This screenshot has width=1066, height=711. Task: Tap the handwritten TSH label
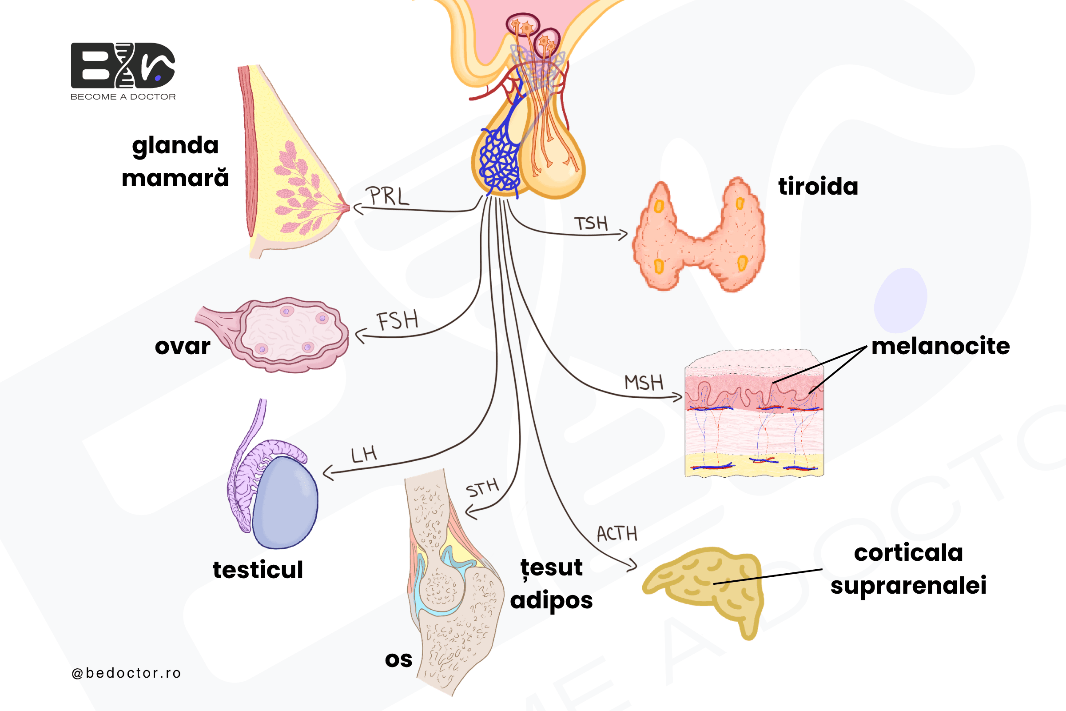click(x=591, y=223)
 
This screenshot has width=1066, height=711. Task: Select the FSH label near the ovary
click(x=398, y=320)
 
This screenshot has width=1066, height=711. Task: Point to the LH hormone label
click(x=364, y=454)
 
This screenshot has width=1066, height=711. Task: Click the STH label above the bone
click(x=482, y=488)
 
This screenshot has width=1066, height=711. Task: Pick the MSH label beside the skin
click(x=644, y=382)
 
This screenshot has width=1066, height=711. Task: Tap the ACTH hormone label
click(x=617, y=534)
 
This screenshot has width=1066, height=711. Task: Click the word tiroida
click(x=818, y=186)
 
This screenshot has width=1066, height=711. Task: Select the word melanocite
click(x=940, y=346)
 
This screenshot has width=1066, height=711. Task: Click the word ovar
click(x=183, y=347)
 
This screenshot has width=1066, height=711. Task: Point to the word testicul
click(x=258, y=570)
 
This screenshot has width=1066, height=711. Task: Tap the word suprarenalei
click(x=908, y=585)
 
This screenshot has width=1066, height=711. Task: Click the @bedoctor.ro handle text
click(x=126, y=673)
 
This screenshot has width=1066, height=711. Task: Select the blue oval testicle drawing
click(x=285, y=503)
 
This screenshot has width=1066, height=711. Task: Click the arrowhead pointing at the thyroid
click(x=624, y=235)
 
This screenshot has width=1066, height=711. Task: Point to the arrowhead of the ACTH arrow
click(x=632, y=565)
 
